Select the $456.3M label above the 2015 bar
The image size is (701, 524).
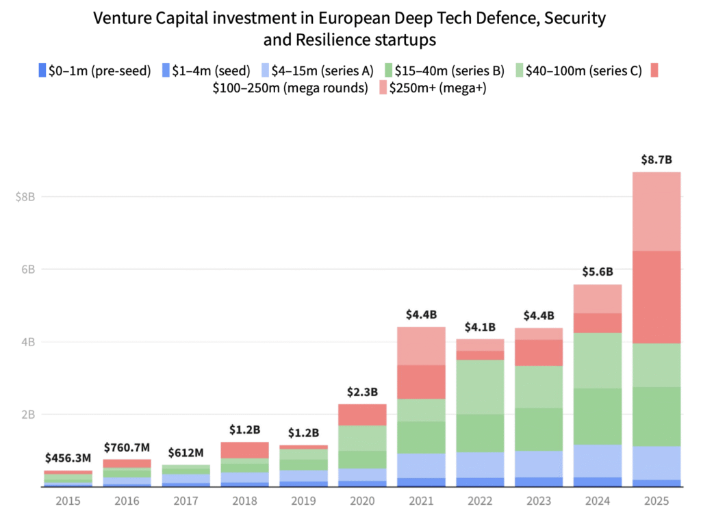(68, 458)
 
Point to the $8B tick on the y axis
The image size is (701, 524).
(25, 197)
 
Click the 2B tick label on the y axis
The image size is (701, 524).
(26, 415)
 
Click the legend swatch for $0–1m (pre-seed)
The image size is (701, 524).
(43, 70)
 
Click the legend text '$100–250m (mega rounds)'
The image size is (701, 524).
(291, 88)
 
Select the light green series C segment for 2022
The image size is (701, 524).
(480, 387)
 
